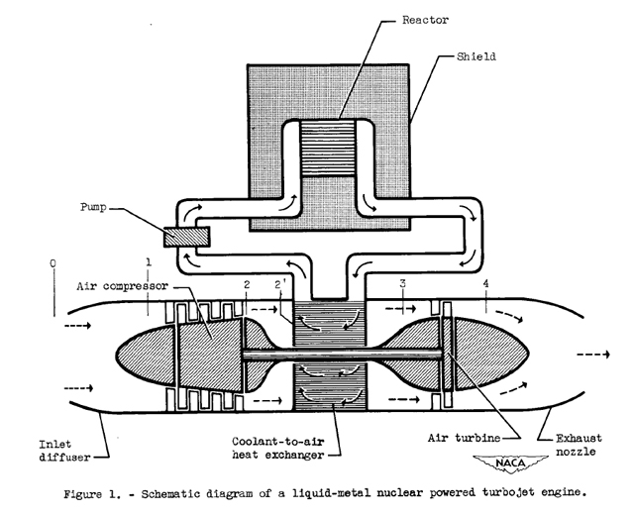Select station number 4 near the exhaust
[x=484, y=285]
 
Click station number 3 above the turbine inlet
[x=403, y=284]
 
